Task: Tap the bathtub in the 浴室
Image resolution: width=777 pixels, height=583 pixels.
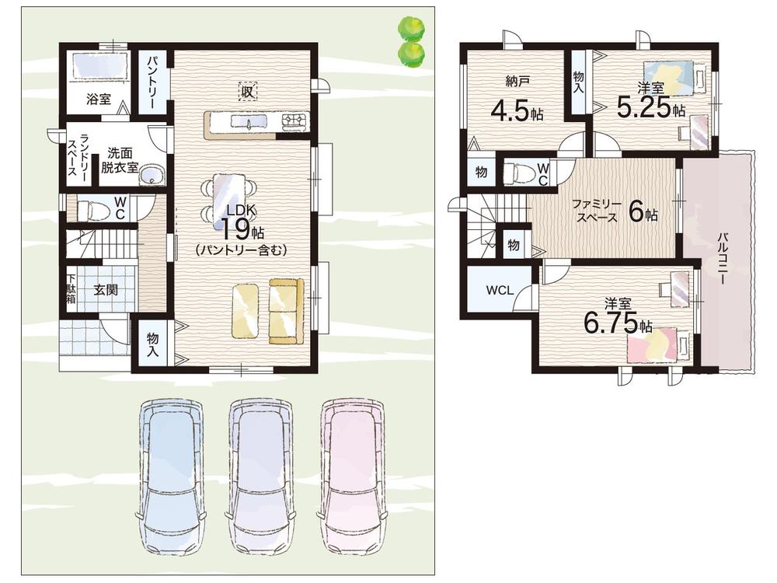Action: point(100,65)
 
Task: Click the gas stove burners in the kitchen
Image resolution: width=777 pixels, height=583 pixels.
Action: point(295,121)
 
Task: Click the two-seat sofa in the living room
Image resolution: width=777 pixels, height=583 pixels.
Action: point(287,312)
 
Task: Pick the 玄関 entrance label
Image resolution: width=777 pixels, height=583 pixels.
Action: point(106,289)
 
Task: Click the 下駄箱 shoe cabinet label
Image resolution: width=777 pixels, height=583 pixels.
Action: point(71,289)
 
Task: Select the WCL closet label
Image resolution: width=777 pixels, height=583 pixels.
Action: point(500,291)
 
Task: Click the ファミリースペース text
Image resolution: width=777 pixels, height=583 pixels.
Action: point(596,210)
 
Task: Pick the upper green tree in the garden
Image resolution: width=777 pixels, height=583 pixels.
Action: point(411,28)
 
